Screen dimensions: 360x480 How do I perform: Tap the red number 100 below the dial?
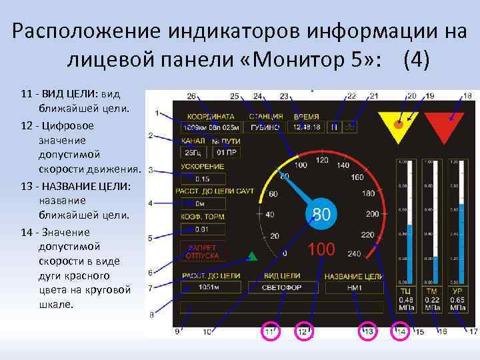pos(321,250)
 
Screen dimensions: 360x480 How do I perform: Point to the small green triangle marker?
pos(252,255)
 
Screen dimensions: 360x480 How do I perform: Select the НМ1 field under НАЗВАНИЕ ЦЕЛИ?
pos(353,287)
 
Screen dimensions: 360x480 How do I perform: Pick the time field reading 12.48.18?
pos(307,127)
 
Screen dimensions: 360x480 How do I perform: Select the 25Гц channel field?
pos(191,152)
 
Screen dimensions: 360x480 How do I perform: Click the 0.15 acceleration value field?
pos(203,179)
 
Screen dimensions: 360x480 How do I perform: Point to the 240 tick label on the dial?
pos(353,254)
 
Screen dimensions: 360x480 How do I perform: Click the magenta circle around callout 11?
pos(270,331)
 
